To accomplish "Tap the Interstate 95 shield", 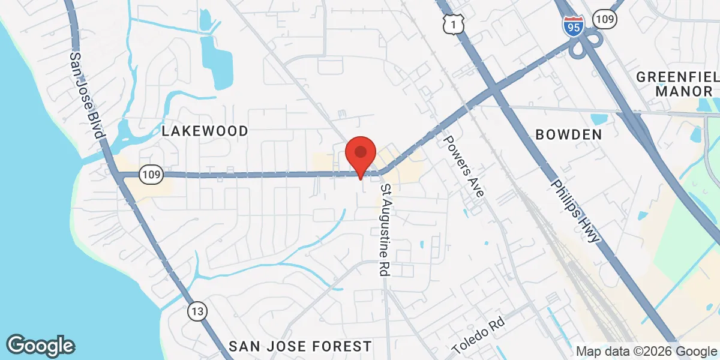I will pyautogui.click(x=574, y=26).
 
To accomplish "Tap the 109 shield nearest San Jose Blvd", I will pyautogui.click(x=150, y=175).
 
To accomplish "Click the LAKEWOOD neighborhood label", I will pyautogui.click(x=204, y=131).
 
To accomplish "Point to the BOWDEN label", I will pyautogui.click(x=568, y=134).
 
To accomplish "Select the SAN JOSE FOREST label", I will pyautogui.click(x=300, y=346).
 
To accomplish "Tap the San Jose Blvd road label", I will pyautogui.click(x=84, y=95).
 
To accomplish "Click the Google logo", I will pyautogui.click(x=41, y=346).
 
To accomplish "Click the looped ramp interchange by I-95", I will pyautogui.click(x=584, y=45).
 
